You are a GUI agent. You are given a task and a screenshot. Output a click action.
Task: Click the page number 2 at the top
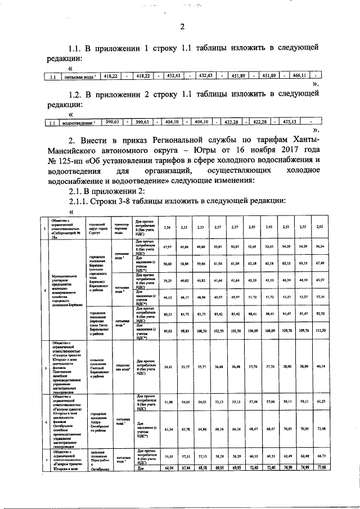coord(182,26)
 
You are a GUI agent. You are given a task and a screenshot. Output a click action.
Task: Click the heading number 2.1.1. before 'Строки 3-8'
coord(80,202)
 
